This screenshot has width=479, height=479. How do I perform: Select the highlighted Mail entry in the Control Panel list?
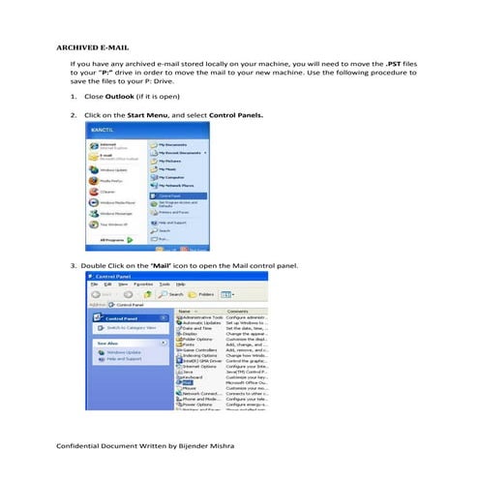189,381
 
